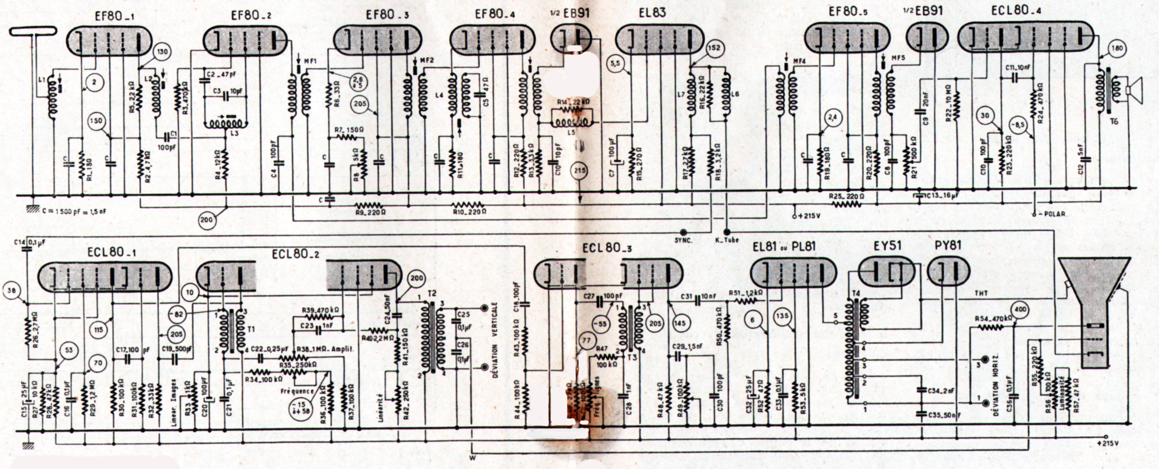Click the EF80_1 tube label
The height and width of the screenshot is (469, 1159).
point(114,16)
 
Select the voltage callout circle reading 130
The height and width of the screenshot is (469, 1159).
point(162,52)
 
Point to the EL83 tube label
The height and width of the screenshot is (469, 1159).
point(652,13)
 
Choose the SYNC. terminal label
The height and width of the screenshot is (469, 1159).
point(683,240)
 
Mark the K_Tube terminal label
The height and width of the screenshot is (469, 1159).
point(727,240)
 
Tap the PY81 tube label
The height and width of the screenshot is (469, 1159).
point(948,246)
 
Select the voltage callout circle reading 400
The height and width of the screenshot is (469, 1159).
point(1020,310)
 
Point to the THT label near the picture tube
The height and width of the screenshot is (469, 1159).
point(981,293)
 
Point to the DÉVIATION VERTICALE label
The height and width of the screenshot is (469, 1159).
point(495,339)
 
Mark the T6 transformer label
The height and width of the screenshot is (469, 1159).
point(1114,121)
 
